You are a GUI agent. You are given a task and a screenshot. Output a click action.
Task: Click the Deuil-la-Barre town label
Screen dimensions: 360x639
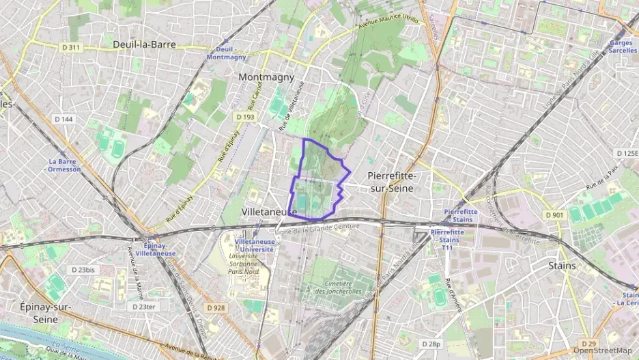(x=144, y=44)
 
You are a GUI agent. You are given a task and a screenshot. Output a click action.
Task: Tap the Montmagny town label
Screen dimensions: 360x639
(x=266, y=77)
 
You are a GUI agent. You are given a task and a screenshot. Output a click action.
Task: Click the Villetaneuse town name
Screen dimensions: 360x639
(x=269, y=212)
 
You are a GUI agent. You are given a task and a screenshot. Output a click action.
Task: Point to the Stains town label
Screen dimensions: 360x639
(x=563, y=265)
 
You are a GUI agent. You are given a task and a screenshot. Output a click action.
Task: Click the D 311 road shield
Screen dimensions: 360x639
(x=71, y=47)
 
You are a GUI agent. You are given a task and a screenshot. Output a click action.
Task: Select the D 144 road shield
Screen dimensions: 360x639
(x=63, y=120)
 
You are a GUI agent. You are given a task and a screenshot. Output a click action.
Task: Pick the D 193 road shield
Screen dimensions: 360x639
(x=245, y=117)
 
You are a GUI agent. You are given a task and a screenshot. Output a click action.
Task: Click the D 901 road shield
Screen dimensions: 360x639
(x=554, y=215)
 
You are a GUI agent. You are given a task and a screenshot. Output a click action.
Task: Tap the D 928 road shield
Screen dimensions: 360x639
(x=215, y=308)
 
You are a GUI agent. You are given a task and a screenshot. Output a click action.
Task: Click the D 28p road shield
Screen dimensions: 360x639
(x=431, y=344)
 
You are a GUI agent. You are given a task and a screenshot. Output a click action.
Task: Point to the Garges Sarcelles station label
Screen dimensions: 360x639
(x=622, y=46)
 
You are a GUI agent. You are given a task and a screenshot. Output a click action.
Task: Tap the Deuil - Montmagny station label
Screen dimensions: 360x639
(x=225, y=53)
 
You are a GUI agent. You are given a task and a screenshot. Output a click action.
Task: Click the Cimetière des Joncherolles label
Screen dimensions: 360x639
(x=334, y=288)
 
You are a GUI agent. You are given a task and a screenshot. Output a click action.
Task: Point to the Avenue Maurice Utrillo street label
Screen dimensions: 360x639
(x=388, y=24)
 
